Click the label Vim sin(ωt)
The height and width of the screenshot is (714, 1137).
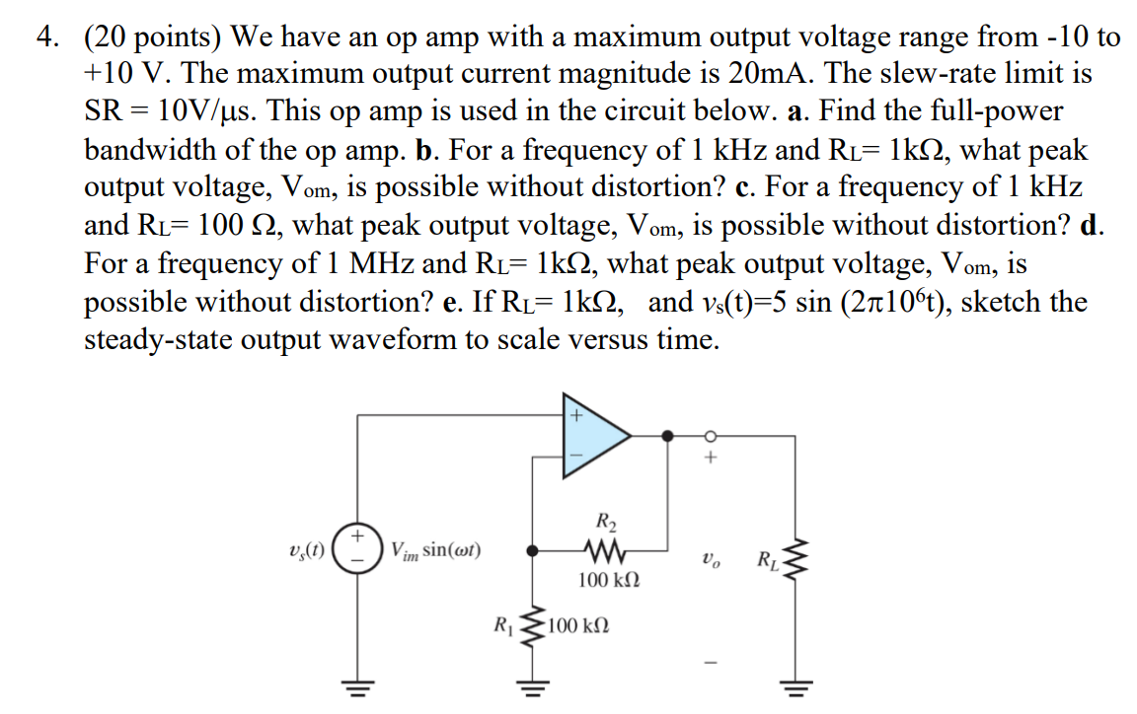(x=435, y=550)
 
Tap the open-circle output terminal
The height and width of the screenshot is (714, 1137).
(x=708, y=434)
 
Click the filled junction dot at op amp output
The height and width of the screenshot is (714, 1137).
(x=668, y=434)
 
